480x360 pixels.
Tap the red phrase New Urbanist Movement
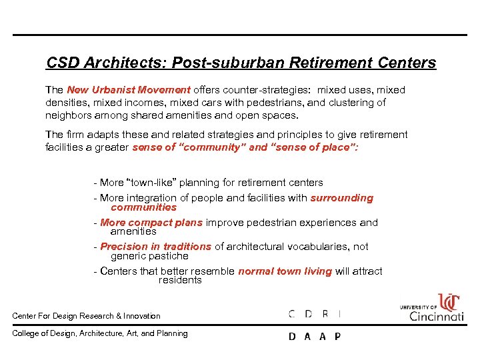coord(129,90)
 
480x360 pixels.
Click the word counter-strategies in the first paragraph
coord(273,90)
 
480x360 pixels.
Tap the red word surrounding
coord(342,198)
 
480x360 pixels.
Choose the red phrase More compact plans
coord(151,223)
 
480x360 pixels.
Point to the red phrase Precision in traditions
coord(155,247)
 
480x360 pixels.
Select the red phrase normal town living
coord(285,271)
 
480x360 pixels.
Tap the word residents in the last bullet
coord(180,280)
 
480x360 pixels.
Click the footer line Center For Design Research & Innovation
coord(86,316)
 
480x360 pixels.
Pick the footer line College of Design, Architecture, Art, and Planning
coord(100,333)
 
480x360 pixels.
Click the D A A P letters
coord(314,337)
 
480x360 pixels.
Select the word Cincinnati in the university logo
coord(436,316)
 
